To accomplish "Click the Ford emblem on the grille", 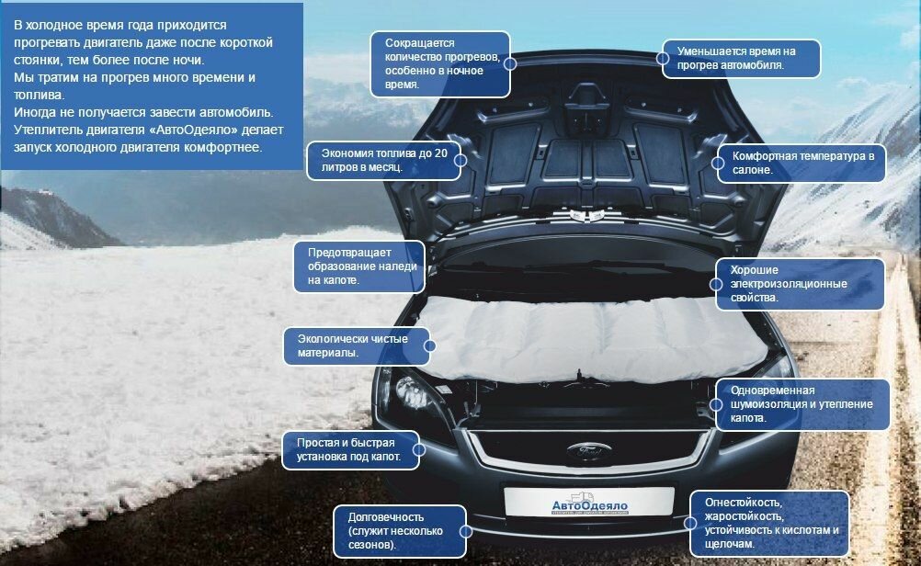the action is coord(583,452).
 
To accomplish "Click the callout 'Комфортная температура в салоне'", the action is coord(802,164).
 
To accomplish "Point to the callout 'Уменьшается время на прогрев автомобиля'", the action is coord(741,58).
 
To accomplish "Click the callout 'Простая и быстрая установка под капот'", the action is coord(348,449).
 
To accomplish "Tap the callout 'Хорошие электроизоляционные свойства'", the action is coord(800,284).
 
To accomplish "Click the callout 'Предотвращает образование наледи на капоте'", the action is coord(358,266).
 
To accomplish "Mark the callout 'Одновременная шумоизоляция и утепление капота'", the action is coord(802,404).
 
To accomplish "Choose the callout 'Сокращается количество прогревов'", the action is coord(438,63).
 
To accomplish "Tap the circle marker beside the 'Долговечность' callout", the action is coord(465,530).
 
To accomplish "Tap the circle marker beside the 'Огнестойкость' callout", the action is coord(691,522).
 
